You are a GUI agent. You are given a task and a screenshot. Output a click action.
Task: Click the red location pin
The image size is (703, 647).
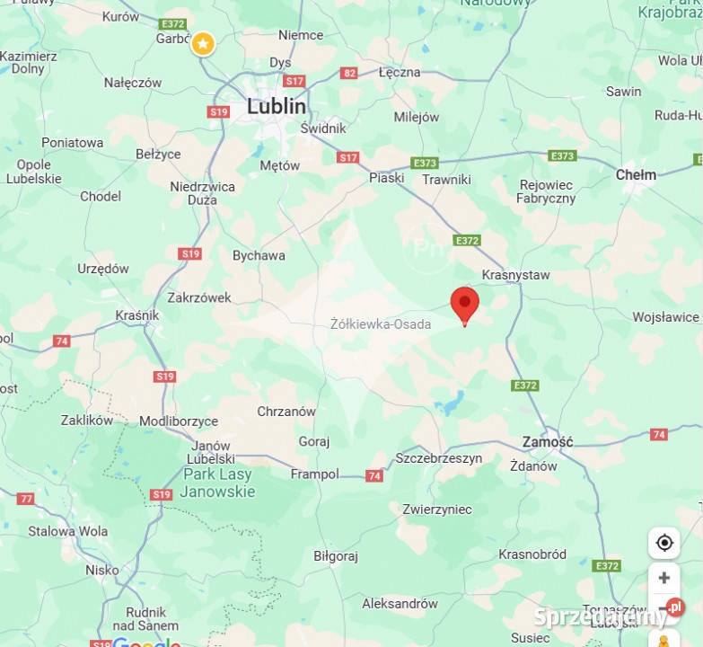click(464, 304)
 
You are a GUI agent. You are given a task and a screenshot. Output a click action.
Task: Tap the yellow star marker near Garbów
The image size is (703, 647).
click(204, 43)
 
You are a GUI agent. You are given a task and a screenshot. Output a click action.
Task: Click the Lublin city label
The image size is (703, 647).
click(277, 106)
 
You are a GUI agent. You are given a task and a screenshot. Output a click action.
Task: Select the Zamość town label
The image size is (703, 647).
click(548, 442)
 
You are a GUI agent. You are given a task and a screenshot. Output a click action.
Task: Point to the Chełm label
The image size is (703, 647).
click(636, 175)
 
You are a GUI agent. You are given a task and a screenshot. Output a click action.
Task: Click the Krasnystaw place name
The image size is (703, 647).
click(515, 275)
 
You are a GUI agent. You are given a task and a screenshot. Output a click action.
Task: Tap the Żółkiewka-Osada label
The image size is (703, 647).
click(381, 324)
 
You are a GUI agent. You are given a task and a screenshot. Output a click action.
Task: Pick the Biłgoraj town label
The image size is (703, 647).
click(336, 556)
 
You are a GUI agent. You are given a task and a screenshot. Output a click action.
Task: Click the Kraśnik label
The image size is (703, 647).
click(137, 315)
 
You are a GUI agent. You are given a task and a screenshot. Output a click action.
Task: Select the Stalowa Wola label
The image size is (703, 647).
click(67, 531)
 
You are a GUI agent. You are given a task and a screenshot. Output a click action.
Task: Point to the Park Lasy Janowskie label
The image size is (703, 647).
click(217, 483)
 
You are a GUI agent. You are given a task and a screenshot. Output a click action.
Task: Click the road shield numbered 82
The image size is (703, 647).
click(348, 73)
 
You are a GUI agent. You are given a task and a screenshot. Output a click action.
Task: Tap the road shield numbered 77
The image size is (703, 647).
click(25, 499)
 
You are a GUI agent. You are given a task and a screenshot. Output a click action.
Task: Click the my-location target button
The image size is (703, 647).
click(664, 543)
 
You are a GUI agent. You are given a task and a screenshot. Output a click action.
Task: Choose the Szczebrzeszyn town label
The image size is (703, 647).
click(438, 458)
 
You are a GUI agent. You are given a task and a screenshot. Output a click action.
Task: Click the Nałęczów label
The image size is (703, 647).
click(133, 83)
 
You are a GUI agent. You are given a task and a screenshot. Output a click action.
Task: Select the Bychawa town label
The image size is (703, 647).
click(259, 255)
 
